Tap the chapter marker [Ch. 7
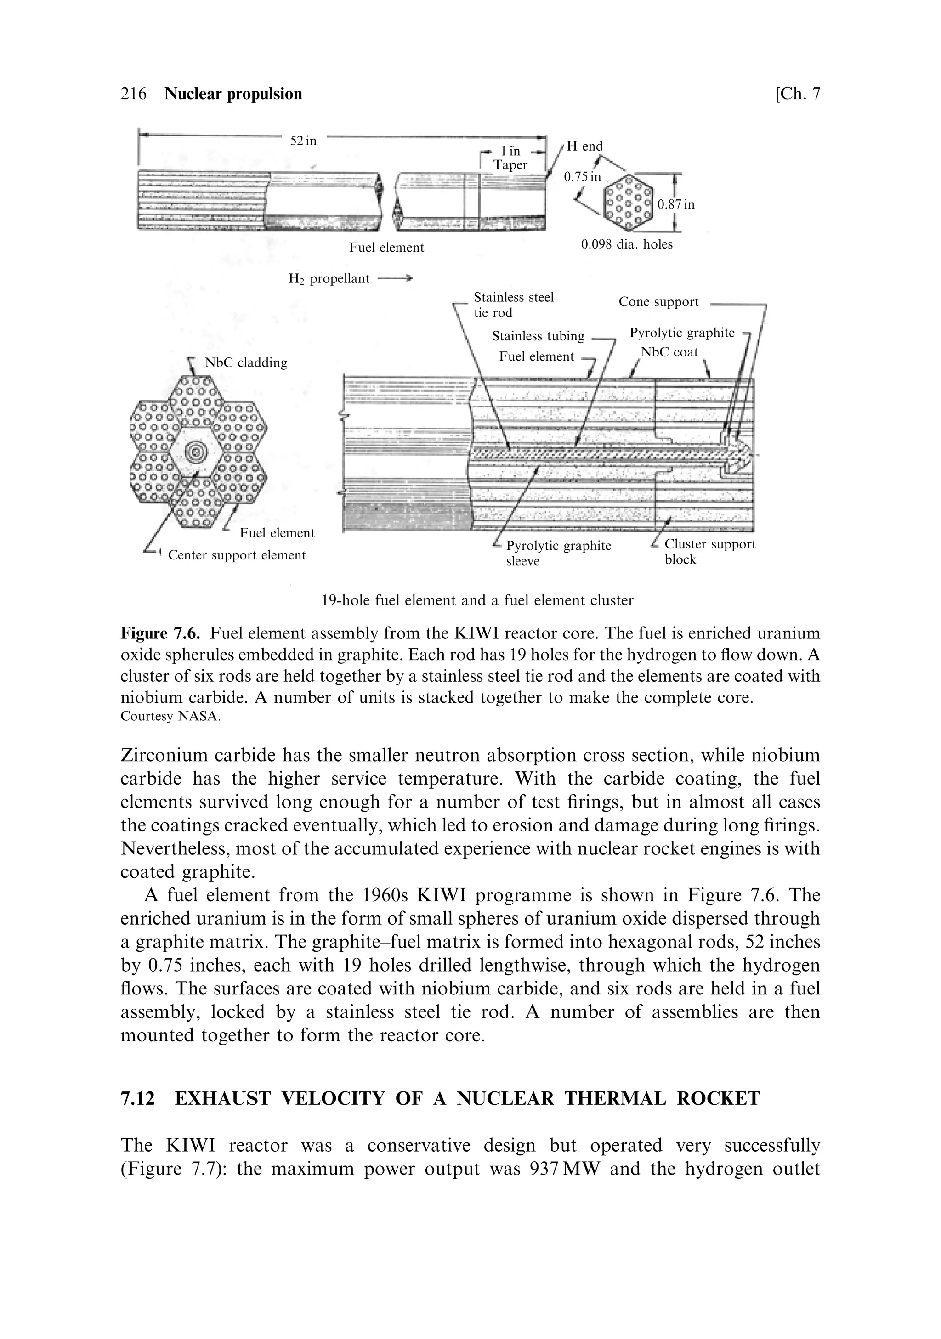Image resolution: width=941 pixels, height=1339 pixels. [797, 94]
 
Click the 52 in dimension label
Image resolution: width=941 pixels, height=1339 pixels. [303, 141]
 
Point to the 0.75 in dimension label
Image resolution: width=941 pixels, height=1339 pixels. [582, 176]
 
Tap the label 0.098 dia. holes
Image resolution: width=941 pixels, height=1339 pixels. [627, 244]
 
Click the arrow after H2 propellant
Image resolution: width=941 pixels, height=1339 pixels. [395, 279]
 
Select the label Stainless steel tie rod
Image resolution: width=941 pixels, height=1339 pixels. [513, 305]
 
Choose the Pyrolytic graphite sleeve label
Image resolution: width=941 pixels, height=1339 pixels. [558, 553]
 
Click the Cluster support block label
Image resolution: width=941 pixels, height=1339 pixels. [709, 552]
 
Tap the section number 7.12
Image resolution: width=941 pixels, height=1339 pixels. [138, 1099]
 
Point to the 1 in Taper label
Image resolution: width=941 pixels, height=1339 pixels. [510, 158]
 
